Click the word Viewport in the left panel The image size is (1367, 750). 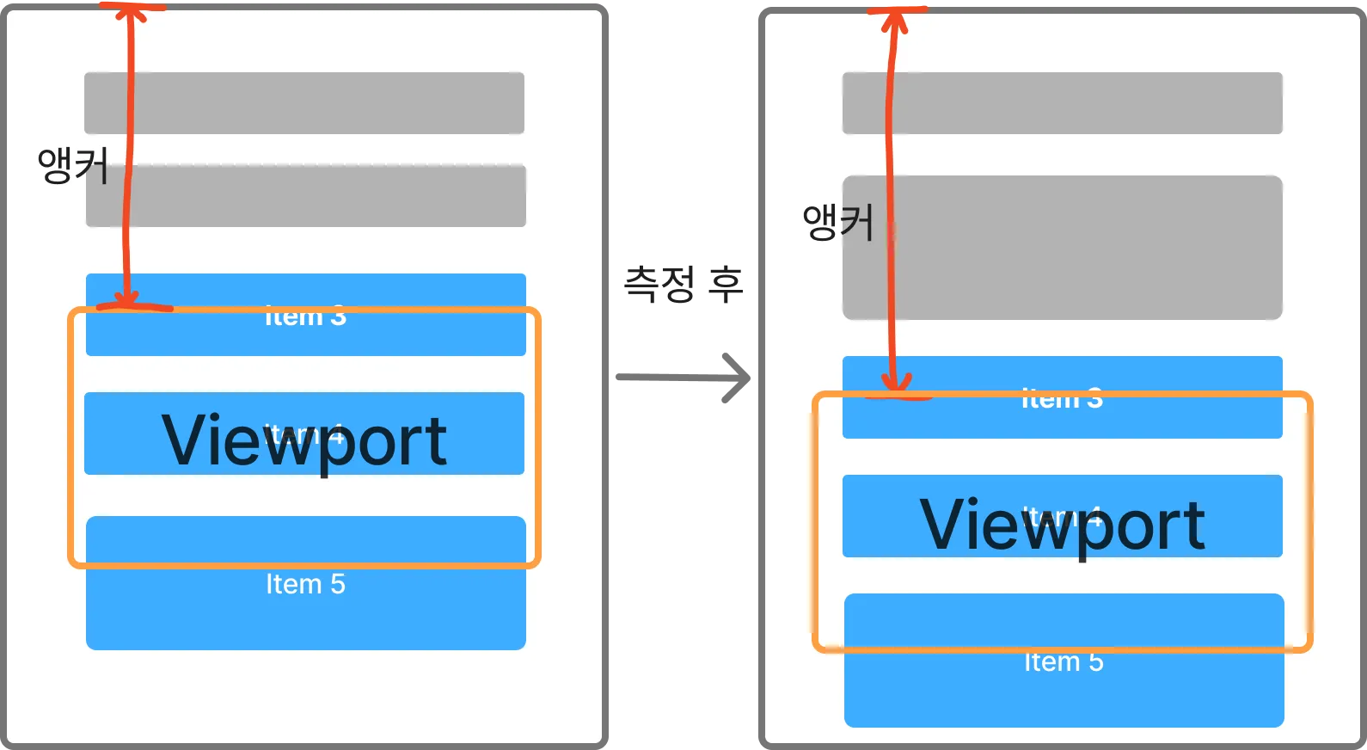(x=304, y=440)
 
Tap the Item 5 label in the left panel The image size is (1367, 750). (x=305, y=585)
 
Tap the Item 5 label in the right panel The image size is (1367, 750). (x=1064, y=662)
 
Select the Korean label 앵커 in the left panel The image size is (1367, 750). (x=72, y=165)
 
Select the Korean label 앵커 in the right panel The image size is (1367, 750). (x=837, y=222)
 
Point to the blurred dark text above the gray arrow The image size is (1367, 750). (x=681, y=284)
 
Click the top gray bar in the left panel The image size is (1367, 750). (x=304, y=103)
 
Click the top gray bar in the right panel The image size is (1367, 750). (x=1063, y=103)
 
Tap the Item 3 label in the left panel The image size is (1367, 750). (x=305, y=317)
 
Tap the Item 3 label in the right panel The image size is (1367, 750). (x=1063, y=399)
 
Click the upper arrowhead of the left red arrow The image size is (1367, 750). (x=131, y=10)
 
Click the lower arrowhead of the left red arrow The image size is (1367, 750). (x=127, y=298)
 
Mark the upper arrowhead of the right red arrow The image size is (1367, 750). (x=895, y=17)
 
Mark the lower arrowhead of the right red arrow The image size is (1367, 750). (x=896, y=384)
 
